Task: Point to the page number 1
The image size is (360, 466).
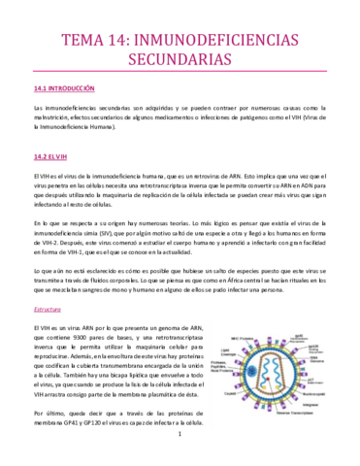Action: (180, 447)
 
